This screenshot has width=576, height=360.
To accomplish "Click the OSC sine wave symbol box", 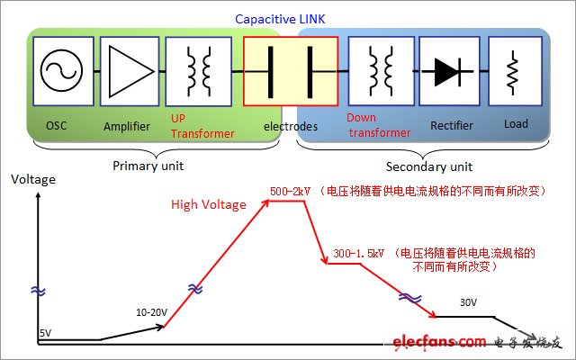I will click(x=62, y=71).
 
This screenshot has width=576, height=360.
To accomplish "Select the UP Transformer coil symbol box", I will click(x=193, y=71).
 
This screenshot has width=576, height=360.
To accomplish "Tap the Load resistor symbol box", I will click(x=512, y=71).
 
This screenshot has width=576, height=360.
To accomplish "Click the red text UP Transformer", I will click(x=202, y=127).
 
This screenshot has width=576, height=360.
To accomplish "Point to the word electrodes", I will click(x=290, y=127).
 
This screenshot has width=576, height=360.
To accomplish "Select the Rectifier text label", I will click(x=452, y=127).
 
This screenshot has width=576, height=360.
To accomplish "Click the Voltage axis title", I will click(x=33, y=179).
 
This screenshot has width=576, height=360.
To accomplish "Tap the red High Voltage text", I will click(x=208, y=204).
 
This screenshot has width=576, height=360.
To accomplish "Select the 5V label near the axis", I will click(x=45, y=333).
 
